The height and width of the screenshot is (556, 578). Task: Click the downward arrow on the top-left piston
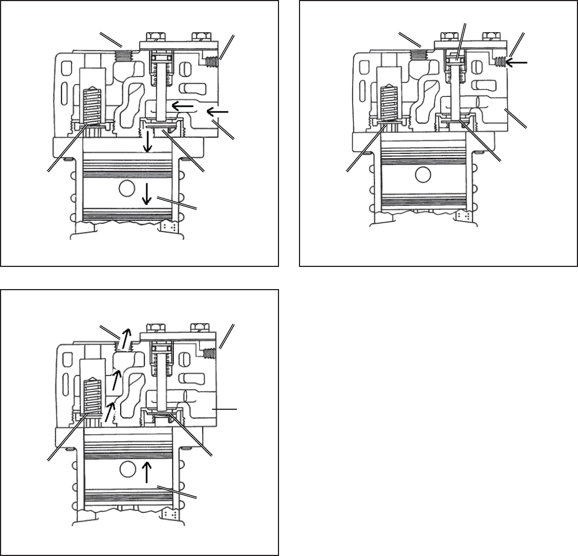[x=147, y=193]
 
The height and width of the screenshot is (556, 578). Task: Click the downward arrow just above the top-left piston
[x=147, y=144]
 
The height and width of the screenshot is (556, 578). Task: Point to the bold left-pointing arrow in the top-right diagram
[x=517, y=63]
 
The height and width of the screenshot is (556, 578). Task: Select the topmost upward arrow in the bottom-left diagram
[x=126, y=336]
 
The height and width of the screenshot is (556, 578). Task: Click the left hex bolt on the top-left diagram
[x=157, y=38]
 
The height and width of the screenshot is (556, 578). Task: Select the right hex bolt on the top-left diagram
[x=199, y=38]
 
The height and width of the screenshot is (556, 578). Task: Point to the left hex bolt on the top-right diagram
[x=451, y=37]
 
